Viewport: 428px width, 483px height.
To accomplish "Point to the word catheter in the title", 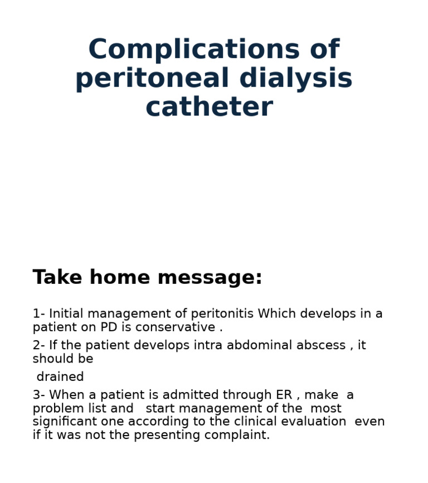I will tap(209, 108).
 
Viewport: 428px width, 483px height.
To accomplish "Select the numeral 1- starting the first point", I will tap(38, 314).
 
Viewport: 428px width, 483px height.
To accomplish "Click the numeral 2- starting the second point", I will tap(38, 346).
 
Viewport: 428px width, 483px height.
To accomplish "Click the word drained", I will tap(60, 377).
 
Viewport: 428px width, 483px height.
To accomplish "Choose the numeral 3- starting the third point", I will tap(38, 395).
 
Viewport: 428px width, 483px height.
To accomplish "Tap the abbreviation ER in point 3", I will tap(284, 395).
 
